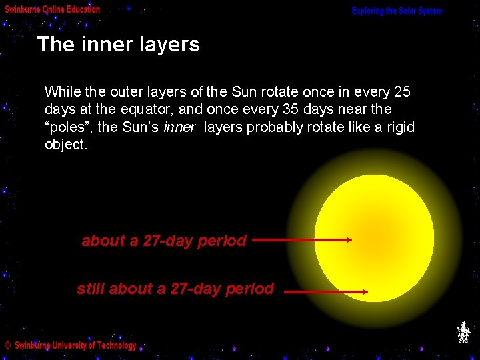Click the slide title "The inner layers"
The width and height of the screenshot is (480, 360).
point(118,45)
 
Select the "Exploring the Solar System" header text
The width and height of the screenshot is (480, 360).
point(397,11)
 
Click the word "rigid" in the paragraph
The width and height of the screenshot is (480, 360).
point(399,127)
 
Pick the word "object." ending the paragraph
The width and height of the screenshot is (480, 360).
point(65,145)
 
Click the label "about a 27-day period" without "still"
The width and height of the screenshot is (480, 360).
point(164,241)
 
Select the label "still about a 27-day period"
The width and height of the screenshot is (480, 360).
point(175,289)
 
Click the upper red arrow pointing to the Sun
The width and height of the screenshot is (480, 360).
point(302,239)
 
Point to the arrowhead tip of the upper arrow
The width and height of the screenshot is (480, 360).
point(351,239)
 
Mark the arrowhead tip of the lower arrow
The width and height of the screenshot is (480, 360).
point(367,291)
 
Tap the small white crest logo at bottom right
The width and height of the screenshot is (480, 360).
point(463,332)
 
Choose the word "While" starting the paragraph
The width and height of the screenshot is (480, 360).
point(61,91)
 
